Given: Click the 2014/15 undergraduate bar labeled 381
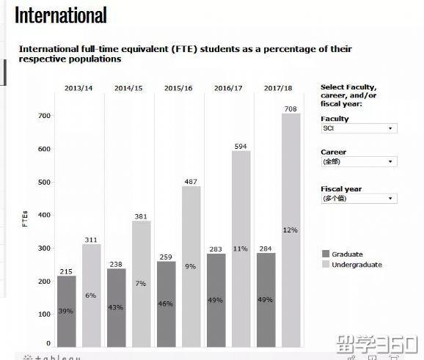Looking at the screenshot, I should (x=141, y=283).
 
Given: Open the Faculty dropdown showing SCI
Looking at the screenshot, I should (x=359, y=128).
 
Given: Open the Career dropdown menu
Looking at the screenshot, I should (x=359, y=162).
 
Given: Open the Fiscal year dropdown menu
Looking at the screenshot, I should (x=359, y=199).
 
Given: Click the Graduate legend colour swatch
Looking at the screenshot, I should (x=326, y=254).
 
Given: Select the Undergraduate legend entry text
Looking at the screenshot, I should (x=357, y=265).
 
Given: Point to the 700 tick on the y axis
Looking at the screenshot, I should (x=44, y=116).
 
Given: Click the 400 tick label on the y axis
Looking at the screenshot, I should (x=44, y=215).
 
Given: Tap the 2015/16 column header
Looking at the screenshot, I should (x=178, y=89).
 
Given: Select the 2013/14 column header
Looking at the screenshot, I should (x=78, y=89).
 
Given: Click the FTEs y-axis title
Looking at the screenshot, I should (x=25, y=219).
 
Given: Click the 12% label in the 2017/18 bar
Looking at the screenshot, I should (x=290, y=230).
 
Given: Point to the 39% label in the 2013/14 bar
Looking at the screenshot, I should (x=66, y=312).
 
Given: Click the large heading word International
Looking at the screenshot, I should (x=61, y=15).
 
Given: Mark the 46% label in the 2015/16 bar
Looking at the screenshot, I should (x=166, y=304).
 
